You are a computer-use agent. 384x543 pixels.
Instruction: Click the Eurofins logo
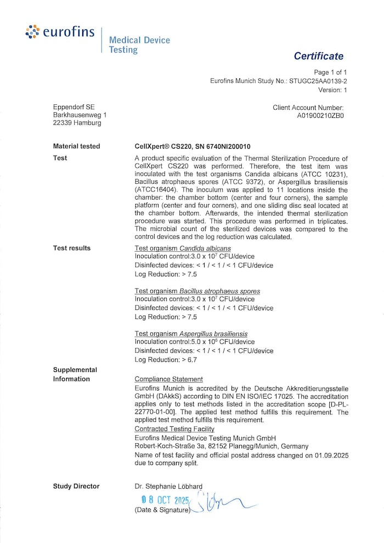point(60,33)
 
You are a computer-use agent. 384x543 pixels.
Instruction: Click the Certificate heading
point(318,56)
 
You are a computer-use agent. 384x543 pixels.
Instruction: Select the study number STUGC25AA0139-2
point(318,81)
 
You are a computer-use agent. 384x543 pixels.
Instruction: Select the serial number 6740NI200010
point(224,146)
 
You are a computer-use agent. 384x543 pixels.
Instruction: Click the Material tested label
point(76,146)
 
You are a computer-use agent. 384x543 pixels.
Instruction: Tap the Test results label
point(71,248)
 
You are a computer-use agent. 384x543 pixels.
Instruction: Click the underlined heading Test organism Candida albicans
point(183,248)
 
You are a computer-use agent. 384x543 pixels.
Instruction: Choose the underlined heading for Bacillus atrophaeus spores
point(197,291)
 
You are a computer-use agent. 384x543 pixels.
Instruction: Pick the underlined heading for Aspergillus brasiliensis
point(191,333)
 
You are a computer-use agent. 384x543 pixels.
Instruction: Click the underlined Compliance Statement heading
point(168,379)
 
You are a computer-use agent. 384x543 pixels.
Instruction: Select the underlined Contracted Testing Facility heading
point(174,429)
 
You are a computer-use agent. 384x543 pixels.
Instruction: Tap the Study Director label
point(76,486)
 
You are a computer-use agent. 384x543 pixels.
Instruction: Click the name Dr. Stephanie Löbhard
point(168,486)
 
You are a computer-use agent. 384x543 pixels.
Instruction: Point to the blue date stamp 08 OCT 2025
point(165,500)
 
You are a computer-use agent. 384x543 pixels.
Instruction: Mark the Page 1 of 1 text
point(330,72)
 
